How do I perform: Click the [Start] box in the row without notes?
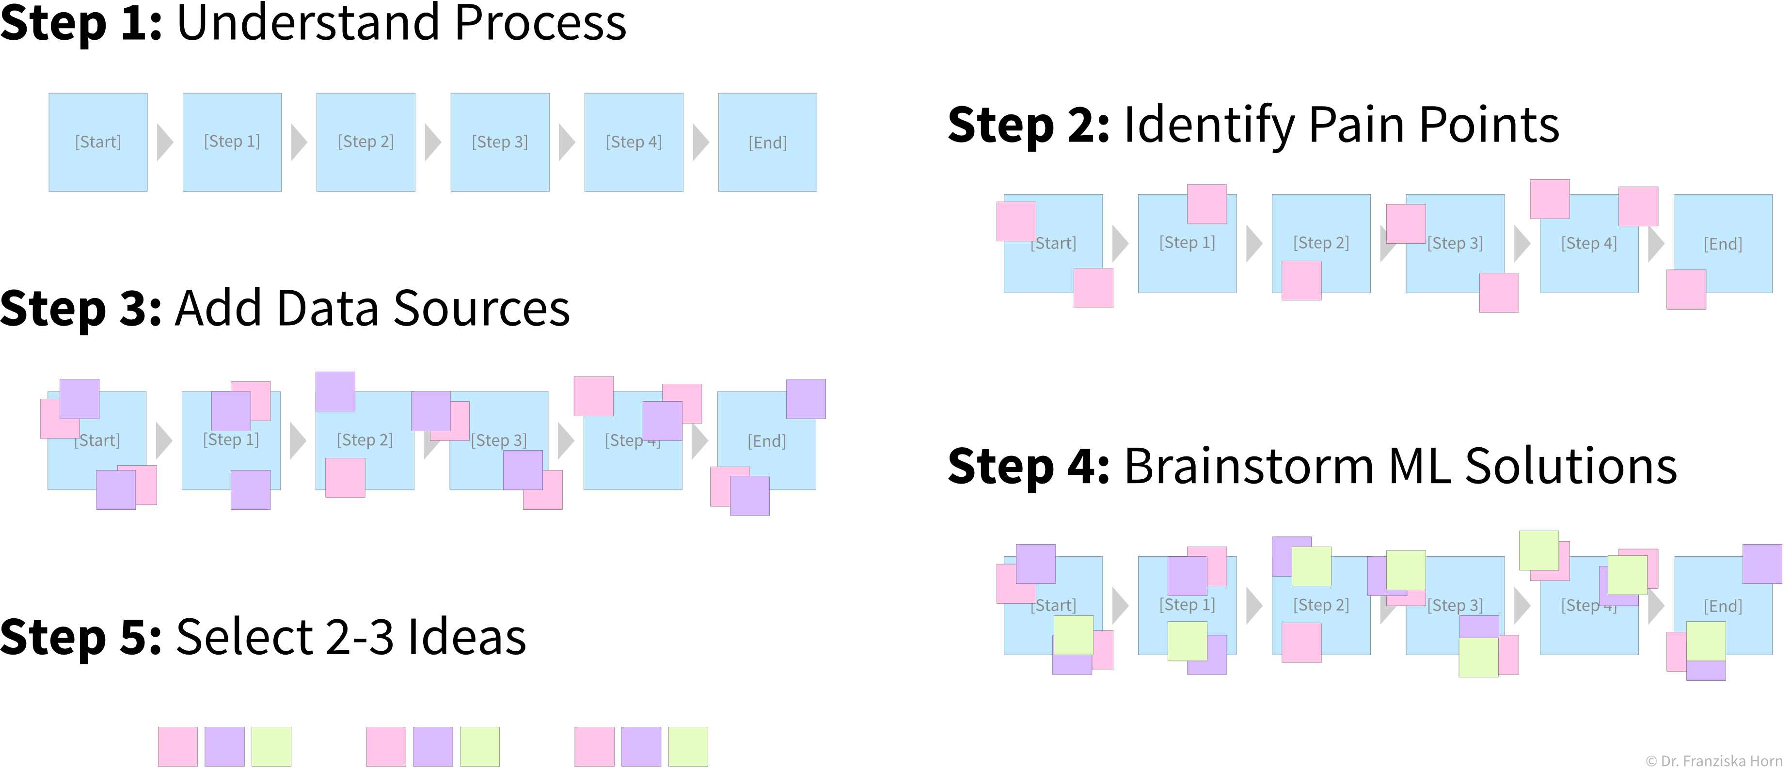[98, 142]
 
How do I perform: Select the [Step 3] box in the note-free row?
[499, 142]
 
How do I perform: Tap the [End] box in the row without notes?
[767, 142]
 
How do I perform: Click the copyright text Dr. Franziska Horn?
[1714, 761]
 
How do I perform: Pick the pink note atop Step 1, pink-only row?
[1206, 204]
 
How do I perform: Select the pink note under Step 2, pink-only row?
[1301, 281]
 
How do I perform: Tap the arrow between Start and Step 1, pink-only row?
[1119, 243]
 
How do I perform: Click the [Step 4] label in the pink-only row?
[1589, 243]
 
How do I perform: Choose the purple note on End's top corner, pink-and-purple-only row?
[806, 399]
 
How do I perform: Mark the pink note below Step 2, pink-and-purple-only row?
[345, 477]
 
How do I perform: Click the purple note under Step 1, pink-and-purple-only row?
[251, 490]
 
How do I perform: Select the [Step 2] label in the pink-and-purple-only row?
[365, 439]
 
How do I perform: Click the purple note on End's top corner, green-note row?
[1761, 564]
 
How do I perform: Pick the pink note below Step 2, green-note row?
[1301, 642]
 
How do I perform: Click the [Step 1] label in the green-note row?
[1187, 605]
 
